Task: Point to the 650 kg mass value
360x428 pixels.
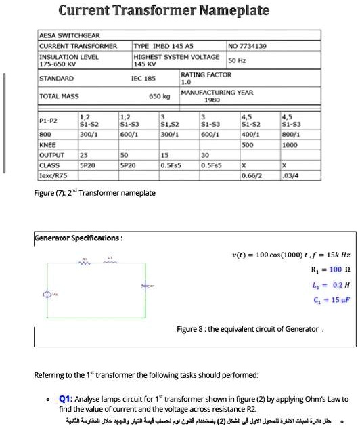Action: [x=159, y=97]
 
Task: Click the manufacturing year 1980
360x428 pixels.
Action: [x=210, y=100]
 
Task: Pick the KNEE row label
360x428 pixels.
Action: [x=47, y=144]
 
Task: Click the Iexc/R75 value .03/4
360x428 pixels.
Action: [x=292, y=175]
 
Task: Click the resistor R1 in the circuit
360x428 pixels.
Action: [x=85, y=264]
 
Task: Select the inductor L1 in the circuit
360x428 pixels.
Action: [x=108, y=264]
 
